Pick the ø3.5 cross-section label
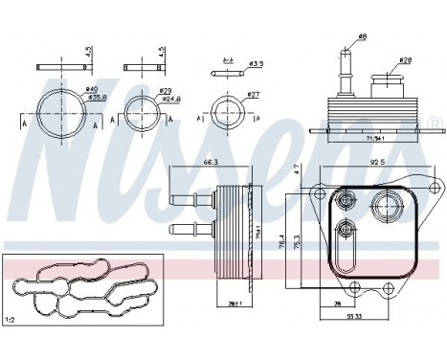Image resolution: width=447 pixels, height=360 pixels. coord(255,66)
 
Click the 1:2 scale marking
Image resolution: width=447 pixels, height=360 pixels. coord(12,319)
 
